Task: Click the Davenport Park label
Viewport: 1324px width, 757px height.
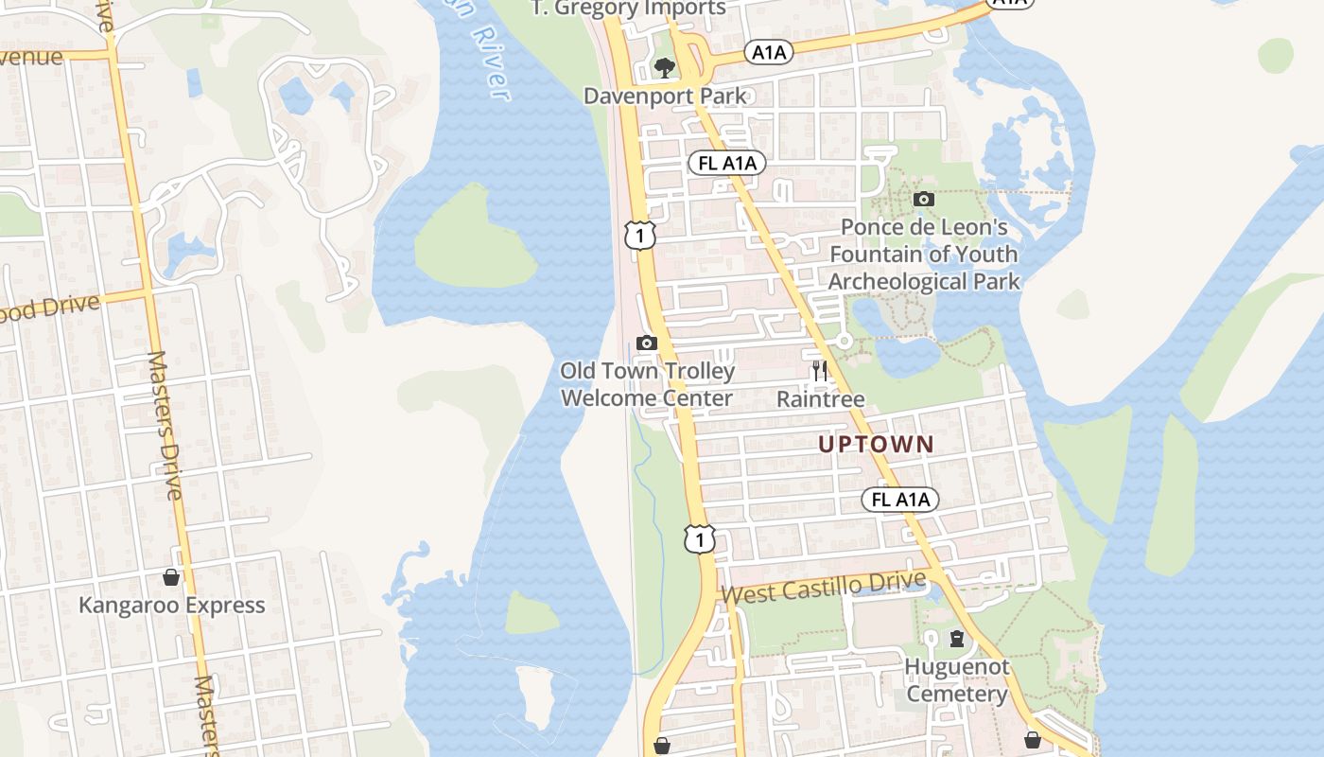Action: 665,96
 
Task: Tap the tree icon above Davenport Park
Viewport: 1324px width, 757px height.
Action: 665,68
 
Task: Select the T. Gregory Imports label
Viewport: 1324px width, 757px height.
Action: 628,9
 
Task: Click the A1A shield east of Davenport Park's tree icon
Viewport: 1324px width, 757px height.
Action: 768,52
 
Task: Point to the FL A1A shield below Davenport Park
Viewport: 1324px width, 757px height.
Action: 727,164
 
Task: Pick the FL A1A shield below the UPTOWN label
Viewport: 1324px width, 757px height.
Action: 900,500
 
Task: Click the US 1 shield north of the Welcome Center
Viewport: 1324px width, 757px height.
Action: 640,235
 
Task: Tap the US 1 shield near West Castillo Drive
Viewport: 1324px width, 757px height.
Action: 699,539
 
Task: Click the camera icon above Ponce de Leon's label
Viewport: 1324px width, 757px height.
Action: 924,199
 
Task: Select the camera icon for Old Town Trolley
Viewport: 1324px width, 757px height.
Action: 647,343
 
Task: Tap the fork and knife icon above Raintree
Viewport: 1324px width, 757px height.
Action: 820,371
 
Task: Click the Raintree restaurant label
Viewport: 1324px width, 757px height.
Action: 820,399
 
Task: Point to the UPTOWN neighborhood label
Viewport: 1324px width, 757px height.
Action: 876,444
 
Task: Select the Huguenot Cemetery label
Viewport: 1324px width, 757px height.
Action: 957,680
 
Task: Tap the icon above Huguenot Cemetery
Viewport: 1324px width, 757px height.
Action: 957,639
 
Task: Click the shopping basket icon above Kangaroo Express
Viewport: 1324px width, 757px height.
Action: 171,577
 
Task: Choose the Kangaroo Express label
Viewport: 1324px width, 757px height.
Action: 171,606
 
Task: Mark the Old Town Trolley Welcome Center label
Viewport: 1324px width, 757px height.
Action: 647,384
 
